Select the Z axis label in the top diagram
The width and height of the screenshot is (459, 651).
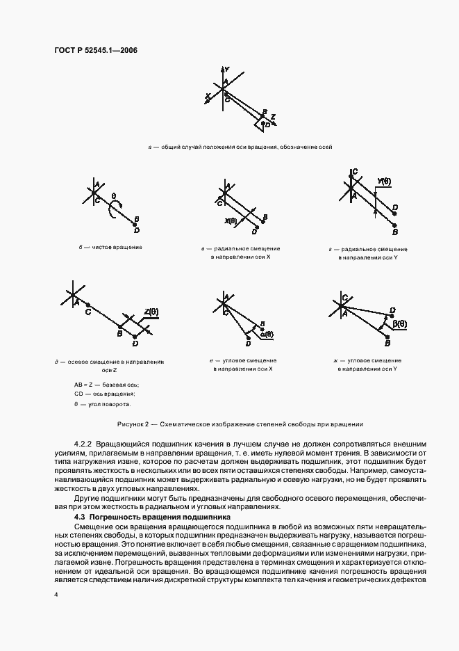click(x=273, y=116)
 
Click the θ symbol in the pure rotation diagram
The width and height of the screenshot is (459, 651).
click(x=114, y=197)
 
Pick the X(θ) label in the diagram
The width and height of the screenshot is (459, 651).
click(x=231, y=221)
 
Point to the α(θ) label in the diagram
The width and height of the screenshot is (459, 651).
click(x=267, y=334)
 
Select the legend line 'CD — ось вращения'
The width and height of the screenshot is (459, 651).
click(x=105, y=394)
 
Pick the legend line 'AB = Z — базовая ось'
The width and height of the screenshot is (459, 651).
click(x=106, y=384)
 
